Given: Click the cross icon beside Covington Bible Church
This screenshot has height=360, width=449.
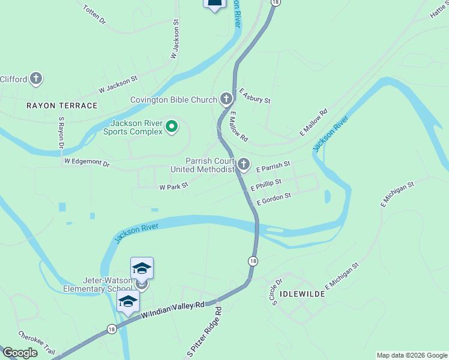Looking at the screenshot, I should coord(226,98).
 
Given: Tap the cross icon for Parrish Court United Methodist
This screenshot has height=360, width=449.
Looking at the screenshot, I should coord(244,164).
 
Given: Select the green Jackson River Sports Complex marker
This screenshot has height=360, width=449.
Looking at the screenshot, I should coord(172,126).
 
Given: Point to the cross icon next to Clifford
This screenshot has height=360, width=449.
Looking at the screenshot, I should coord(37,78).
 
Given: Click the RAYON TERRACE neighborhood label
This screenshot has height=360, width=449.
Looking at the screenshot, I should coord(62,106).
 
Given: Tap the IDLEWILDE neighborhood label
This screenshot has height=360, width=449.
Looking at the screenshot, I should coord(303,295).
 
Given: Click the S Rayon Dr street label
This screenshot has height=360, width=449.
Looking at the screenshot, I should coord(61,133).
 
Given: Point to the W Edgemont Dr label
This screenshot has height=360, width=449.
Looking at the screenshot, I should coord(88,162).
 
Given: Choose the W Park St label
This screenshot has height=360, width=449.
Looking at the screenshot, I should coord(173,187).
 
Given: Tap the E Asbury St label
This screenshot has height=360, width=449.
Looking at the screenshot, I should coord(255,96).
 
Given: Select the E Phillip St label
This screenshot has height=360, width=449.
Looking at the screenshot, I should coord(266,185).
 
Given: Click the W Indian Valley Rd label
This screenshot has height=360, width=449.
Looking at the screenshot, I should coord(173,309).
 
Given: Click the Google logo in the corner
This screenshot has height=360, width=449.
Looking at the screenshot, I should coord(20,353).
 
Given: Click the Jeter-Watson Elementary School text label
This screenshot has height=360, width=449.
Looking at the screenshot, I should coord(98,284).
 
